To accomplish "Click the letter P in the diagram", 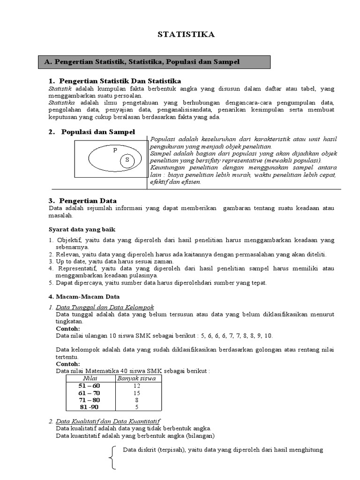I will (x=114, y=150).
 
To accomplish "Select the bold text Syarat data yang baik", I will (x=82, y=229).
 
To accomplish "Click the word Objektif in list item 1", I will (x=68, y=240).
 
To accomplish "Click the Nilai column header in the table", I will (x=89, y=378).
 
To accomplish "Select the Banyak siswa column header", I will (x=137, y=378).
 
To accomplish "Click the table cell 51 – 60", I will (x=89, y=385).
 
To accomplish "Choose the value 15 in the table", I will (x=137, y=393).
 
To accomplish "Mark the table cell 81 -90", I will (x=89, y=407).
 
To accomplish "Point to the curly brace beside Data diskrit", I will (x=112, y=457).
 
